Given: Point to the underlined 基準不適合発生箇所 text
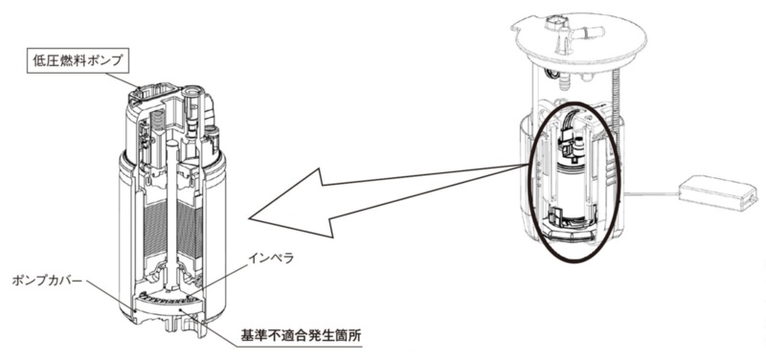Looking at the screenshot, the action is coord(300,337).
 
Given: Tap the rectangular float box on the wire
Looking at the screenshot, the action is coord(717,192).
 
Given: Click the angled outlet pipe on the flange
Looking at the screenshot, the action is coord(589,34).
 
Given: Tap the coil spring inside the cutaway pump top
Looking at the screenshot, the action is coord(157,120).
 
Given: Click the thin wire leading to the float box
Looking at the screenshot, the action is coord(652,194).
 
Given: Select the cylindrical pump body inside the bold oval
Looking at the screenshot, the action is coord(574,188).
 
